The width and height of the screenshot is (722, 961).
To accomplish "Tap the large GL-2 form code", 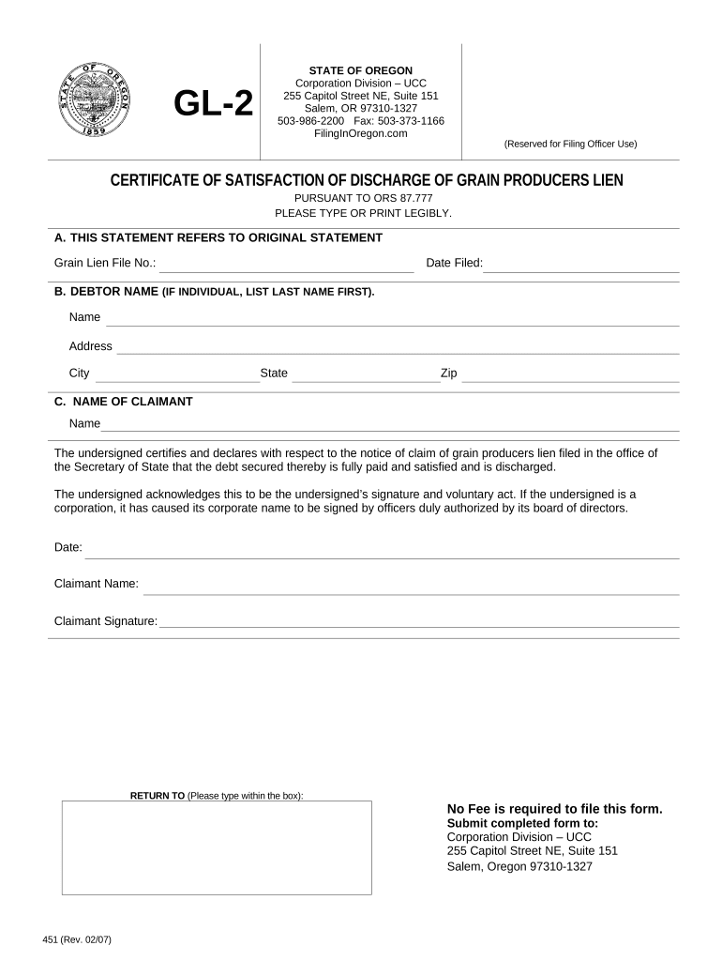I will coord(215,104).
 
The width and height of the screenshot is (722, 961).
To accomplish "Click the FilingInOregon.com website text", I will coord(361,133).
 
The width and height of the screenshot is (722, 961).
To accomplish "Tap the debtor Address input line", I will coord(398,348).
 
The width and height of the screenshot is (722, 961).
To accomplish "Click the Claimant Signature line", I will coord(419,622).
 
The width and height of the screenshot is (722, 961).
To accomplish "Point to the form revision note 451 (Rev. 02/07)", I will coord(78,940).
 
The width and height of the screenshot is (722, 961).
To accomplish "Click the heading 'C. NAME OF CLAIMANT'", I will coord(123,402).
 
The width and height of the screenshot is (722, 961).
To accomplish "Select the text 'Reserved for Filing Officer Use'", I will coord(570,144).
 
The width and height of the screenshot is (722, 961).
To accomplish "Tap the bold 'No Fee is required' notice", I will coord(554,809).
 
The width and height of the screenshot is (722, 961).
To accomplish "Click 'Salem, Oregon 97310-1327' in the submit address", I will coord(519,866).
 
